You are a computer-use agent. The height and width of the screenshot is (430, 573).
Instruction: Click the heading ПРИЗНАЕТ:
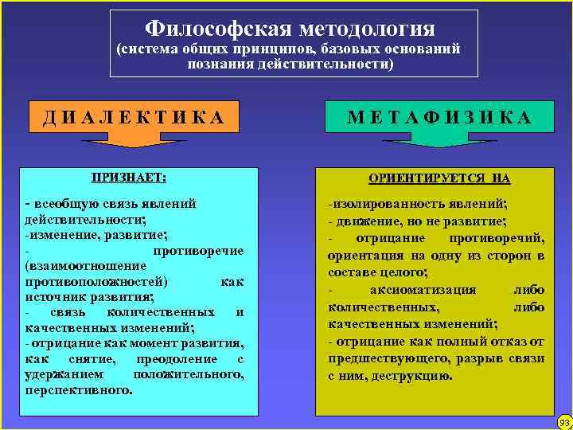tap(134, 177)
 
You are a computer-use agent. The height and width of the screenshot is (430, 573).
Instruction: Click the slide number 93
tap(564, 421)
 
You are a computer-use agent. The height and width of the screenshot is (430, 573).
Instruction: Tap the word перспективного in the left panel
tap(78, 390)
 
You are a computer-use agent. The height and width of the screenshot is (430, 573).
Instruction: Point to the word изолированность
tap(384, 203)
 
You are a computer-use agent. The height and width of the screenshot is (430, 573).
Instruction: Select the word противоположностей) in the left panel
tap(96, 281)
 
